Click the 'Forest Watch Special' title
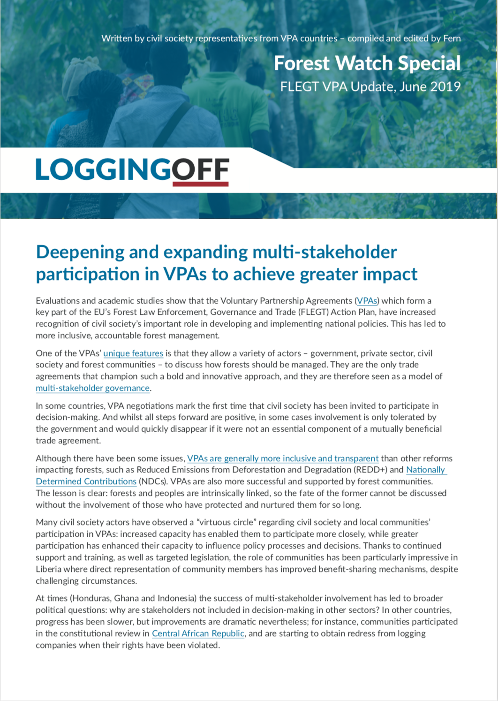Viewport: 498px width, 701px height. click(367, 63)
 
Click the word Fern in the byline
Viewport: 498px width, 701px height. click(452, 38)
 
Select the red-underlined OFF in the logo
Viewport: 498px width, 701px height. click(201, 170)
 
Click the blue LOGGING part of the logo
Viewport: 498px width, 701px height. click(104, 170)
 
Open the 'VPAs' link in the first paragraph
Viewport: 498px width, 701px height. click(367, 301)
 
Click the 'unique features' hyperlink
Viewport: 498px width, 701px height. click(133, 353)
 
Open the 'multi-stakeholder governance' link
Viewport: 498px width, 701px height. click(93, 388)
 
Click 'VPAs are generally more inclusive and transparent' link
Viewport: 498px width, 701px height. click(283, 458)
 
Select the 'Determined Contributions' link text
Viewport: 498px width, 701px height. click(86, 481)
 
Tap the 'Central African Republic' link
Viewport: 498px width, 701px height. click(198, 633)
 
